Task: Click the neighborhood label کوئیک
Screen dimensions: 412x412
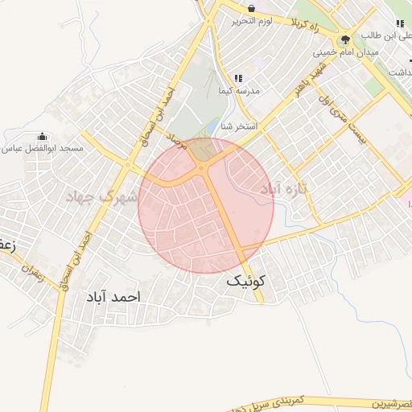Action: (x=244, y=281)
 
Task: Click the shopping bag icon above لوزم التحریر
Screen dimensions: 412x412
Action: (x=252, y=8)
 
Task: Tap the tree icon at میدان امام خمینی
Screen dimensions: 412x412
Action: (x=345, y=39)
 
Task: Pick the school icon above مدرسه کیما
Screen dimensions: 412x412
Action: (x=238, y=78)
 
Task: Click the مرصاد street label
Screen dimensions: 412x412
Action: (x=183, y=145)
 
